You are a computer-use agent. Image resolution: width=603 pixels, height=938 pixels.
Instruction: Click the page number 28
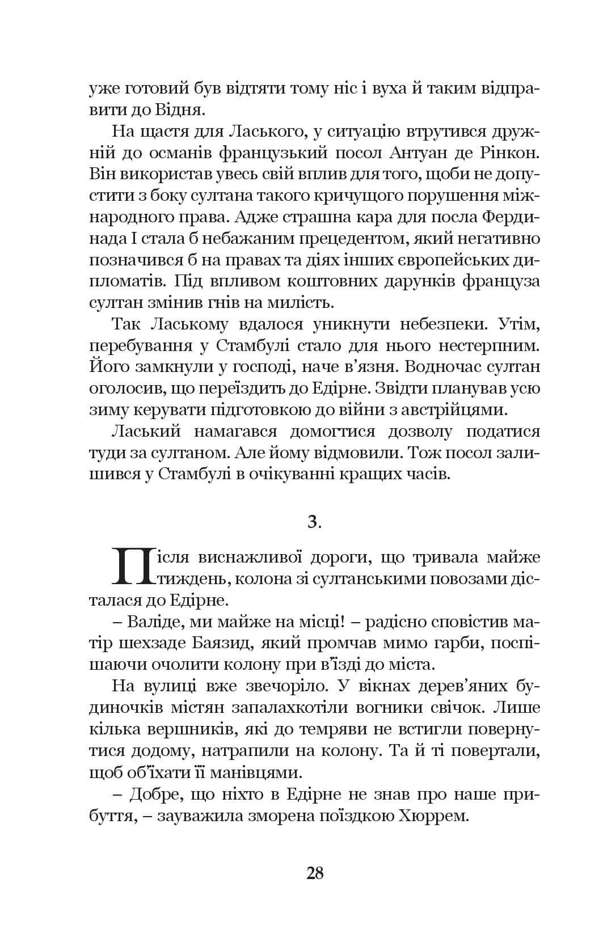[x=314, y=872]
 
